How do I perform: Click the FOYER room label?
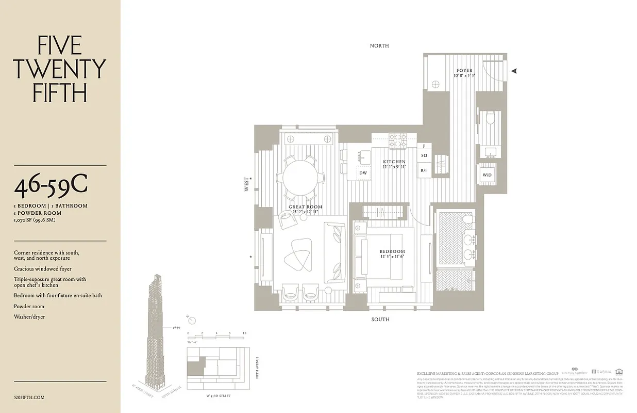464,71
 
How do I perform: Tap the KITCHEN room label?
394,162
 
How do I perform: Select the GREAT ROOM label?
305,207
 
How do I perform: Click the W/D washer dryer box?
487,175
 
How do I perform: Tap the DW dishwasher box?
362,173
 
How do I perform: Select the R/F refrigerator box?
424,170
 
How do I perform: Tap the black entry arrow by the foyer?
513,71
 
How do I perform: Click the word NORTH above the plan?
379,46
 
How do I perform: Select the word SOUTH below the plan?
380,320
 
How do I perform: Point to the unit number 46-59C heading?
51,186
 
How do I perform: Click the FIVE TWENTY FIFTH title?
60,69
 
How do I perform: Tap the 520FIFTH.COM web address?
30,398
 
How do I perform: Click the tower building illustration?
158,330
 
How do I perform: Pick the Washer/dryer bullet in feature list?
29,316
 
